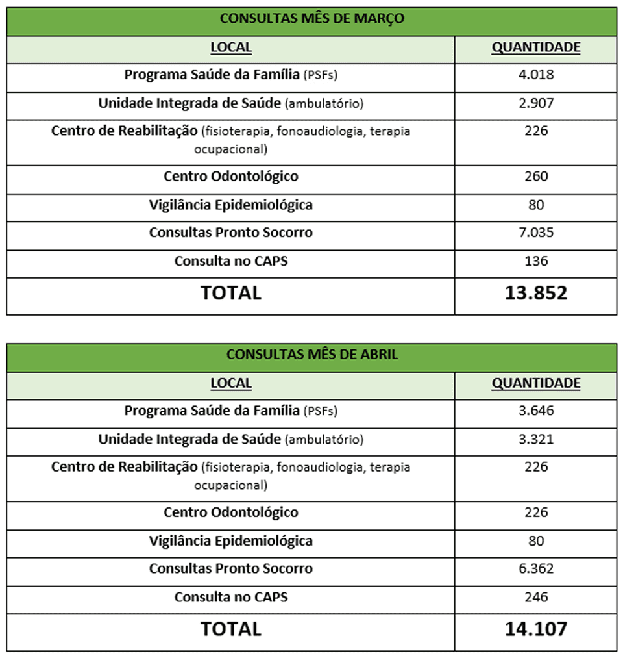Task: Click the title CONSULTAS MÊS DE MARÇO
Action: coord(311,19)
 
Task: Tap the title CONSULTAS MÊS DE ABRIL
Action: coord(311,355)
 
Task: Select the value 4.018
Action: coord(535,74)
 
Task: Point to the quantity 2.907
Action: coord(535,103)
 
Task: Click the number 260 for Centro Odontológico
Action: coord(535,176)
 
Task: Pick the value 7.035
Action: coord(535,233)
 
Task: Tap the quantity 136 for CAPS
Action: coord(535,261)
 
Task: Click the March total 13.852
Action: coord(535,293)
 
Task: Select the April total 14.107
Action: coord(535,629)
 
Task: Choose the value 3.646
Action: coord(535,411)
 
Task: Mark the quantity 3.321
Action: coord(535,439)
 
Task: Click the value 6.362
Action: coord(535,568)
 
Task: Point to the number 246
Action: coord(535,597)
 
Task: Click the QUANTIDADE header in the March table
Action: coord(535,47)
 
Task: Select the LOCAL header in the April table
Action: coord(230,383)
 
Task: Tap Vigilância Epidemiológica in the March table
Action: coord(230,205)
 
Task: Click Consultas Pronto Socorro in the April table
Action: coord(230,568)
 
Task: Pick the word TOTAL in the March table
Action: coord(230,293)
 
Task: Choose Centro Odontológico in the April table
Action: coord(230,512)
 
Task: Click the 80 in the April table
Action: coord(535,540)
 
